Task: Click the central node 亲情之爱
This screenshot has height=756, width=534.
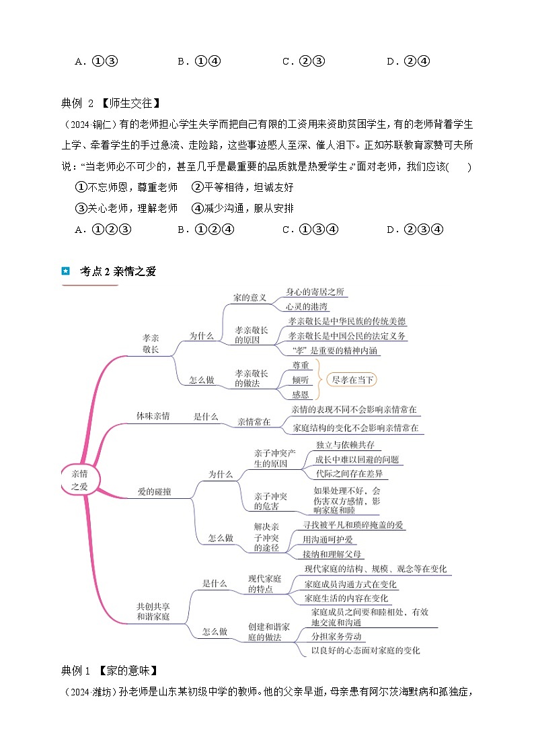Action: [79, 479]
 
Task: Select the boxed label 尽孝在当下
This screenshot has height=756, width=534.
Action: [352, 380]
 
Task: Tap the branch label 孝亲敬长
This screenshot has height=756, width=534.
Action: [151, 343]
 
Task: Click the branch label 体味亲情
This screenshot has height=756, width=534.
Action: [153, 416]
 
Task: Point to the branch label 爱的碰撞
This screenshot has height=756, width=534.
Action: [154, 492]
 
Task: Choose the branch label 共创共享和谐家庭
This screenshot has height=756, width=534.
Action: [153, 611]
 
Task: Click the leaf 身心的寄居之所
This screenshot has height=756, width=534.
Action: [315, 291]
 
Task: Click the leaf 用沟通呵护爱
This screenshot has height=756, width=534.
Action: [328, 539]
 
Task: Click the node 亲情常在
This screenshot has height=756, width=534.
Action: [254, 422]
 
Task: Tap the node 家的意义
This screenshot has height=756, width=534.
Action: [250, 298]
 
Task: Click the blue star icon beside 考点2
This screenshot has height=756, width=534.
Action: [65, 271]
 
